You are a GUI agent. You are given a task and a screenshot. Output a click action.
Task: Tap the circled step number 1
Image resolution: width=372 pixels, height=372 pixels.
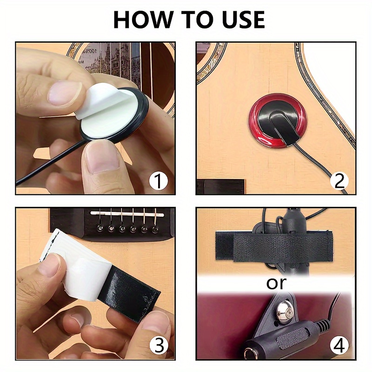[x=158, y=180]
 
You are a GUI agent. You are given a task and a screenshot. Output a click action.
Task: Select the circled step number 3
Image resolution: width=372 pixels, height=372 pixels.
[x=158, y=345]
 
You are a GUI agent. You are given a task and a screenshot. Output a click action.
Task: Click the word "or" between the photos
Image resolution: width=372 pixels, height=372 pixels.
[x=276, y=282]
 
